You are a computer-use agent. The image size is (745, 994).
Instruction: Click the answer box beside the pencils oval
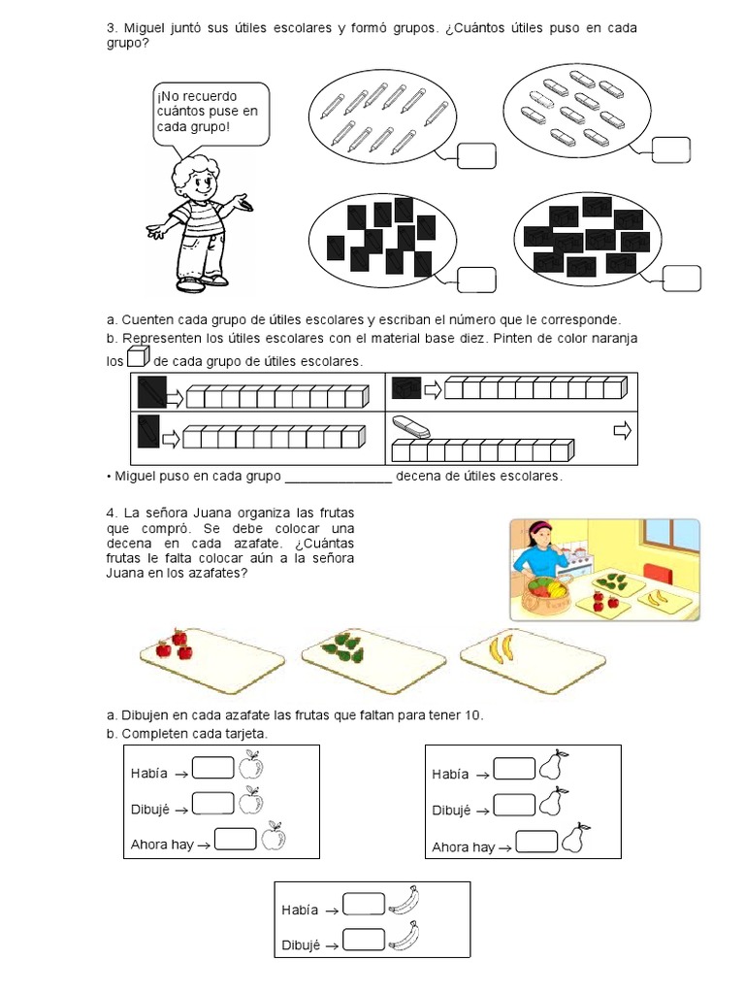(476, 156)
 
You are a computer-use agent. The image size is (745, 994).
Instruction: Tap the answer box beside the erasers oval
(671, 149)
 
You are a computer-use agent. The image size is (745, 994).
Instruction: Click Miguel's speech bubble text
(208, 112)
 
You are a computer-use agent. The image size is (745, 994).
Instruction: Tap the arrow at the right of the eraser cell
(623, 431)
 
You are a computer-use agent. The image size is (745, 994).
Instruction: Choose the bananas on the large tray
(502, 648)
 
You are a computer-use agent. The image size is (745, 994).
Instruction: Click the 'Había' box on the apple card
(213, 767)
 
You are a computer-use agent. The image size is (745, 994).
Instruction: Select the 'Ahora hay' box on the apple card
(236, 839)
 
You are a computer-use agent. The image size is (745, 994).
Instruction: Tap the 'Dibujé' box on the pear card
(514, 805)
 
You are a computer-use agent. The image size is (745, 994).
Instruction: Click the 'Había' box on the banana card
(364, 904)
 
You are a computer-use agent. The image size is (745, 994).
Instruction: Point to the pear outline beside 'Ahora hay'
(574, 838)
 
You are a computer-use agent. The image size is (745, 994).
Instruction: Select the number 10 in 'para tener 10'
(472, 715)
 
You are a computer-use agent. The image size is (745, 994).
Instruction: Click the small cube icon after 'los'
(138, 357)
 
